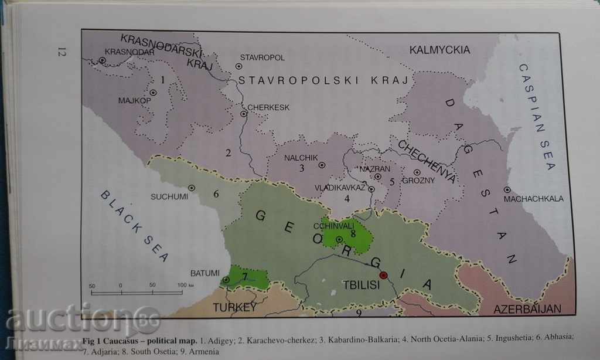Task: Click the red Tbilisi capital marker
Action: [x=384, y=274]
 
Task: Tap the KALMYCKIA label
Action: [x=439, y=50]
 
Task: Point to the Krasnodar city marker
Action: [x=102, y=60]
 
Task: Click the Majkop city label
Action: [x=135, y=100]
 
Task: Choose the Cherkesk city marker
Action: [x=244, y=114]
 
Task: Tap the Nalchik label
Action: [x=301, y=157]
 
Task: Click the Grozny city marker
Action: [x=417, y=172]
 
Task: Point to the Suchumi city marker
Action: [x=191, y=188]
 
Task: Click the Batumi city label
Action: [x=204, y=273]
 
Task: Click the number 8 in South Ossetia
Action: [x=353, y=233]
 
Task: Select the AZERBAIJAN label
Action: [x=527, y=308]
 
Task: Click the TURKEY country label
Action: [x=234, y=307]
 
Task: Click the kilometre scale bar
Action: [x=136, y=292]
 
